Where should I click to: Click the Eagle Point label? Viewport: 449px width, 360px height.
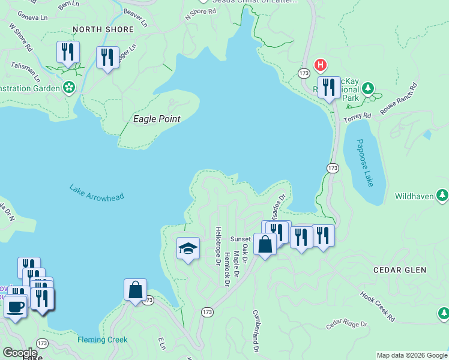(x=156, y=119)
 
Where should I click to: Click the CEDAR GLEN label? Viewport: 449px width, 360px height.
(x=400, y=270)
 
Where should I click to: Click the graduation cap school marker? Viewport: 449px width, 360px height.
(x=188, y=248)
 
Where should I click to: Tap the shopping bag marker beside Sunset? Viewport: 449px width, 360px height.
(x=265, y=244)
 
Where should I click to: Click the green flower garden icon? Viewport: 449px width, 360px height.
(x=70, y=88)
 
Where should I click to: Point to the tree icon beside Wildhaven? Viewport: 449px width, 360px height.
(x=442, y=195)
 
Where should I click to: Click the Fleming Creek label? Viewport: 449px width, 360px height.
(x=102, y=340)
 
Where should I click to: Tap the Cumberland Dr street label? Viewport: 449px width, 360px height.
(x=256, y=331)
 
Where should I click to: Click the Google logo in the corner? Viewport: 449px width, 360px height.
(x=20, y=352)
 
